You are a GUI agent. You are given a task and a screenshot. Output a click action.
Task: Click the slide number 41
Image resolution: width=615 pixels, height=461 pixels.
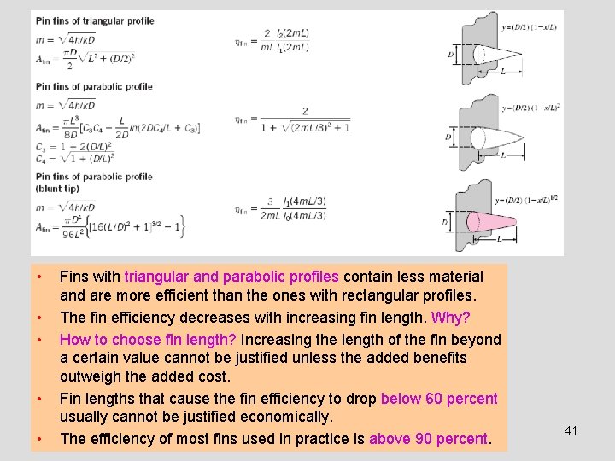tap(571, 430)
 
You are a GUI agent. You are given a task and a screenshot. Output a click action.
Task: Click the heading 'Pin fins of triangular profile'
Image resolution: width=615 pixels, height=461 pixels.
tap(94, 20)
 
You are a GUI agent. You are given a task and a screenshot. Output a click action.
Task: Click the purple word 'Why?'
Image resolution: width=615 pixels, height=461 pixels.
tap(450, 318)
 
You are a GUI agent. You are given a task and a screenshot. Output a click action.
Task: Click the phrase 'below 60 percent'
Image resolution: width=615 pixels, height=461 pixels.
tap(439, 399)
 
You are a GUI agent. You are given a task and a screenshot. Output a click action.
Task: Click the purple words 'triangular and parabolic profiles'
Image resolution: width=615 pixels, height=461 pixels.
tap(231, 277)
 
